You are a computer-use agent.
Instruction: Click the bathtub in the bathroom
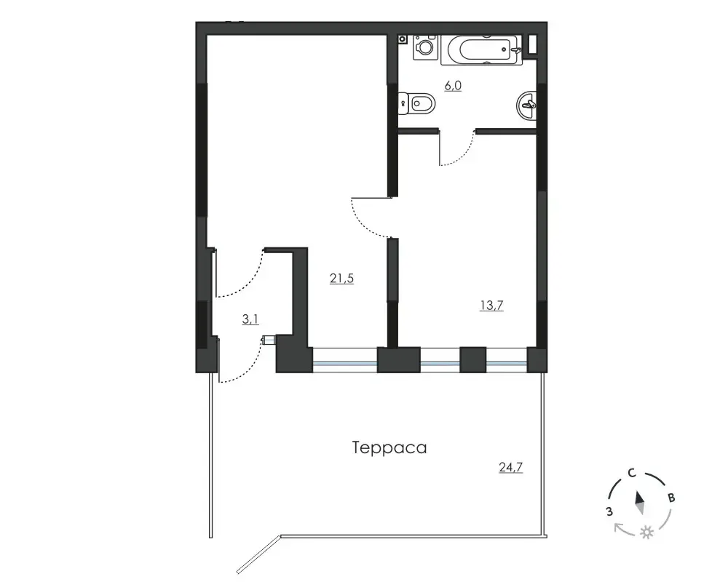[481, 49]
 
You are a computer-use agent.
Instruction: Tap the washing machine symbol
[425, 47]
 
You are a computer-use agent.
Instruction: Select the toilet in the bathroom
[416, 103]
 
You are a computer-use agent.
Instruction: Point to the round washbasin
[526, 105]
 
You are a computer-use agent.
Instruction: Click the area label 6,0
[453, 86]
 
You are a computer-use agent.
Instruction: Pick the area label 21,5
[341, 279]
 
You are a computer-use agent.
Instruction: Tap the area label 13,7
[491, 306]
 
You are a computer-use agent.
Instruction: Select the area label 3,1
[250, 319]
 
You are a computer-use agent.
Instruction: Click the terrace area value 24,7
[511, 467]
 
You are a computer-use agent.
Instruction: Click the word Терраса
[389, 448]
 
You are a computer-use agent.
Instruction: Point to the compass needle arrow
[640, 503]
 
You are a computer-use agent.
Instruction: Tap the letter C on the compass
[631, 474]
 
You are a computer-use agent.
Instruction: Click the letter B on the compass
[671, 498]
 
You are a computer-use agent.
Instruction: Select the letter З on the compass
[609, 512]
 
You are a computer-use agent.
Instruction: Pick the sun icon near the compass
[646, 533]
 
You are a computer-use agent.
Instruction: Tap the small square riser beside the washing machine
[402, 39]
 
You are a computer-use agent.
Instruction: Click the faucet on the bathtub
[516, 49]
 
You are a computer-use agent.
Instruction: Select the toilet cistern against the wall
[403, 103]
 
